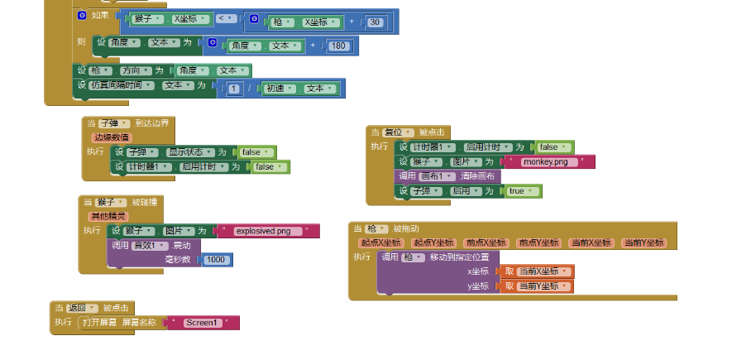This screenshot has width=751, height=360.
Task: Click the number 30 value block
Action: pos(375,22)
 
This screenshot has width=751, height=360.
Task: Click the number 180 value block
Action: pos(337,46)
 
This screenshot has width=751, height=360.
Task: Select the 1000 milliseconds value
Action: pos(216,260)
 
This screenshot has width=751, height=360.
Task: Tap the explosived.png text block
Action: pos(268,231)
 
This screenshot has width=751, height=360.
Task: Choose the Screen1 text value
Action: pos(203,322)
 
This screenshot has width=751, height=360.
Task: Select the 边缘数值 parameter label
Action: pos(112,137)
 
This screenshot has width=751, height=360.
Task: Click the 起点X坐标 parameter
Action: pos(381,242)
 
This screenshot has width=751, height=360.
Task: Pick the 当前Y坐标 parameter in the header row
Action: pos(643,242)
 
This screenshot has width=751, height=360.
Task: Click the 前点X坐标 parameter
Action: pos(486,242)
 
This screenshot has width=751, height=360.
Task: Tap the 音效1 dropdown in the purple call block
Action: pos(151,246)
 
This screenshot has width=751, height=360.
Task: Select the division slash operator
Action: pos(250,89)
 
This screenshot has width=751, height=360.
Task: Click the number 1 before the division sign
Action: pos(234,89)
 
